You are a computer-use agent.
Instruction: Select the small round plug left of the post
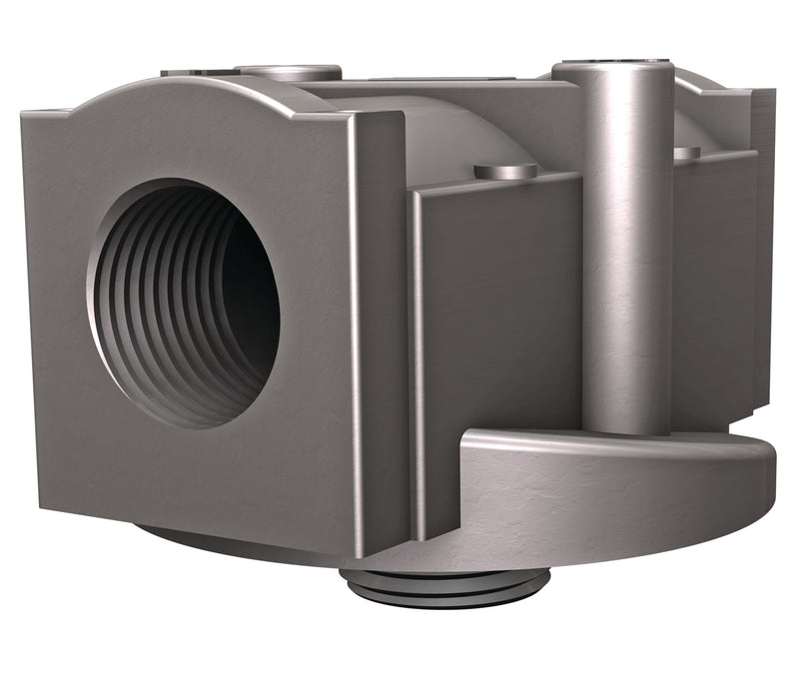pos(505,171)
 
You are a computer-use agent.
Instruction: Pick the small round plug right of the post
pos(687,153)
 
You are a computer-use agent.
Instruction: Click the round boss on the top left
pos(290,72)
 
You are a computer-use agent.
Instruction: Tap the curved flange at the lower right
pos(599,489)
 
